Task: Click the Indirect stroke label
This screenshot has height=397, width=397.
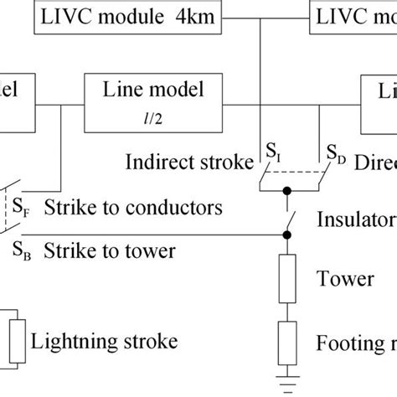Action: (x=186, y=161)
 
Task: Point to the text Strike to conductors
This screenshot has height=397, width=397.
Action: (x=134, y=206)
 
